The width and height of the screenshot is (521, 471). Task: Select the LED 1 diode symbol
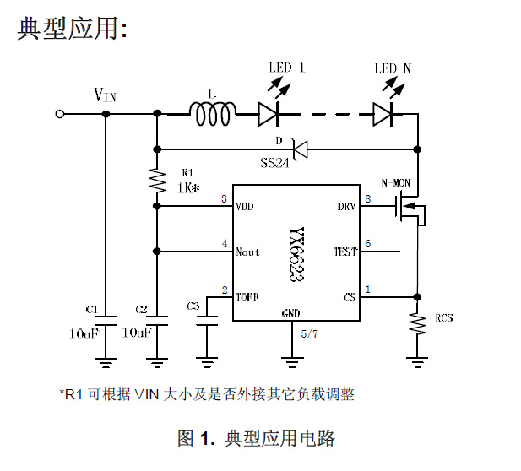(269, 112)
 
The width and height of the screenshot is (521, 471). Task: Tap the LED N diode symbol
(385, 112)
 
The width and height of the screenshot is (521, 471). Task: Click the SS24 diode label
(274, 162)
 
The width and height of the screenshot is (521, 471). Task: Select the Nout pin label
(248, 252)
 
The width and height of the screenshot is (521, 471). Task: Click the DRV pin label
(346, 206)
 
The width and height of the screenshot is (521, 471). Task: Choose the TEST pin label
(345, 252)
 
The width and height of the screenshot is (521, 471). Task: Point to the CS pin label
(350, 297)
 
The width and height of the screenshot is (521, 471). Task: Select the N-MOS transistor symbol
(408, 211)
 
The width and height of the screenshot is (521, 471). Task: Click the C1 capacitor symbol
(106, 321)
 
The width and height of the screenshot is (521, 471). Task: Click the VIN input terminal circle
(60, 113)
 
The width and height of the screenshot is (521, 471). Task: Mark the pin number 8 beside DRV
(367, 199)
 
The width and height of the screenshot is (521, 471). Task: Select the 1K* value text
(187, 188)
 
